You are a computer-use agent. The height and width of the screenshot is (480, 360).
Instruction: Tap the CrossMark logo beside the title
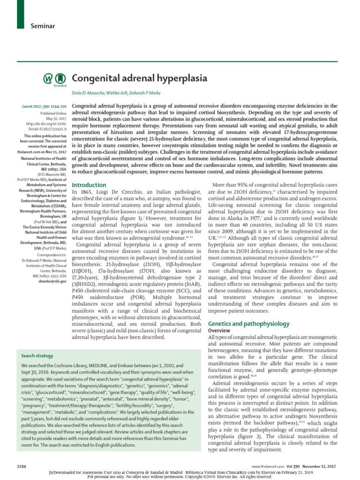54,80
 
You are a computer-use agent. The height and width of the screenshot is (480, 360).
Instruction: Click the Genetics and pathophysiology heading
248,324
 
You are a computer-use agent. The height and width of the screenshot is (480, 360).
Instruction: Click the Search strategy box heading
37,356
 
